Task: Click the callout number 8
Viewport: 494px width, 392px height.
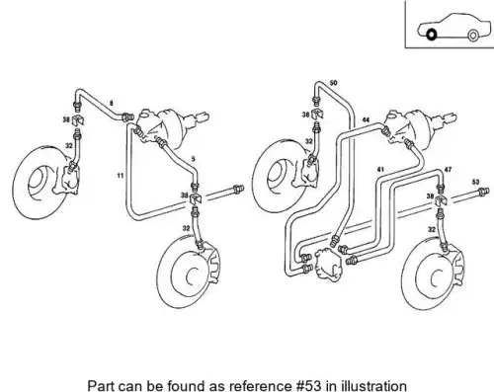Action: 112,104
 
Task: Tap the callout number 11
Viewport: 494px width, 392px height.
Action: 121,176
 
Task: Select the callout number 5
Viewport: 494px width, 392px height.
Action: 194,159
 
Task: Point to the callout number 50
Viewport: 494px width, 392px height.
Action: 333,83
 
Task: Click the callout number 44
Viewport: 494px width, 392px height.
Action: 366,119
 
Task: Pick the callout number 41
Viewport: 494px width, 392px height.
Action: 380,170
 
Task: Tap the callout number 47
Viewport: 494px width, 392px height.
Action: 448,170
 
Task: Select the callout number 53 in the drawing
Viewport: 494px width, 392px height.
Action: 475,182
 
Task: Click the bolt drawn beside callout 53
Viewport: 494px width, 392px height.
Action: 483,192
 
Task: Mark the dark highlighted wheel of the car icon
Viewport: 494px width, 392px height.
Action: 431,35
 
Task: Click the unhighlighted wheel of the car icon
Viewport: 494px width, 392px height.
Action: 472,36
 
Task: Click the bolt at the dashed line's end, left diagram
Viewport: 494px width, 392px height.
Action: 238,190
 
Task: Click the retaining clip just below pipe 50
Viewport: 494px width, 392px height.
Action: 317,114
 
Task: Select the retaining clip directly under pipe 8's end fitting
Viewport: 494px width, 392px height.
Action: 78,119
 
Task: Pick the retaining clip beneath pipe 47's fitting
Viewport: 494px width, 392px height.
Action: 441,200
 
